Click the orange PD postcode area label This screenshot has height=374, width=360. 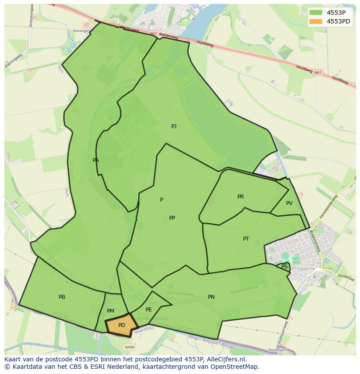[x=122, y=325]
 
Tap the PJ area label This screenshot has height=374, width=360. [x=174, y=126]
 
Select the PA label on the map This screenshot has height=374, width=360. [x=96, y=160]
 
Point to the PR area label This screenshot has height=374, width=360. [x=240, y=197]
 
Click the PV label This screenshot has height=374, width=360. [x=289, y=203]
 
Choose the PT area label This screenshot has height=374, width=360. [x=246, y=239]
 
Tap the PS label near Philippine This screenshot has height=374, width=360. [x=284, y=267]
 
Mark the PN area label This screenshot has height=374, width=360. [x=211, y=297]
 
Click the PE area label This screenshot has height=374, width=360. [x=149, y=310]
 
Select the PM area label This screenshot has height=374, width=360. [x=110, y=311]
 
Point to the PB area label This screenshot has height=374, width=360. [x=62, y=297]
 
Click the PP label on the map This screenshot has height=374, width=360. [x=172, y=218]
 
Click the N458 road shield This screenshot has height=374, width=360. [x=129, y=347]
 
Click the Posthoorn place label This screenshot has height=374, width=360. [x=278, y=350]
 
